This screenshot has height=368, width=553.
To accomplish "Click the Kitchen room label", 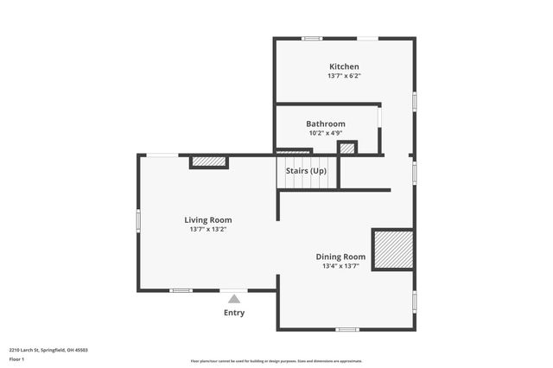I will pyautogui.click(x=344, y=67).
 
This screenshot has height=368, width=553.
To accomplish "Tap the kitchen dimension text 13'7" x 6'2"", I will pyautogui.click(x=344, y=76).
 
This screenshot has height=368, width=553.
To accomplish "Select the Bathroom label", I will pyautogui.click(x=326, y=124).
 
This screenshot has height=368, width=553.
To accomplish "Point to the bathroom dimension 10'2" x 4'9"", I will pyautogui.click(x=326, y=133).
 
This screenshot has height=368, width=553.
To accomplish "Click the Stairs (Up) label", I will pyautogui.click(x=306, y=171).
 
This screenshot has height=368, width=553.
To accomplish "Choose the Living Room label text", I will pyautogui.click(x=207, y=219).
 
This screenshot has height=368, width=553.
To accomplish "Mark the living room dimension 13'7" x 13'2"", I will pyautogui.click(x=207, y=229).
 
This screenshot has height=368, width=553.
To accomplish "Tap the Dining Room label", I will pyautogui.click(x=340, y=257).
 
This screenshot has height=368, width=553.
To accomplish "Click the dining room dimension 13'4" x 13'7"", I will pyautogui.click(x=340, y=266).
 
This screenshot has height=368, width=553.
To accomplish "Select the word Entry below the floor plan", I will pyautogui.click(x=233, y=313).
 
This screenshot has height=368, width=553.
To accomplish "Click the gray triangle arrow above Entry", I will pyautogui.click(x=233, y=299).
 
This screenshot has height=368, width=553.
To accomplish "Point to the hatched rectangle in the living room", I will pyautogui.click(x=208, y=162).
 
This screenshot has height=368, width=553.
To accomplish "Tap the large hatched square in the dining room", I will pyautogui.click(x=393, y=250).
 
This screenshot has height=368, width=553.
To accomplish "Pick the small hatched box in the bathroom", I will pyautogui.click(x=346, y=148).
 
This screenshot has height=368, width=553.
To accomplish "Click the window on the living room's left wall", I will pyautogui.click(x=138, y=220).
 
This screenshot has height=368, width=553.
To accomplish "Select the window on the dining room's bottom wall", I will pyautogui.click(x=347, y=329).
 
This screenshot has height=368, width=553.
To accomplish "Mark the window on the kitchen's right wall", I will pyautogui.click(x=415, y=101).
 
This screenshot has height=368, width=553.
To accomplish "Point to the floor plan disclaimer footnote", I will pyautogui.click(x=276, y=361).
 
